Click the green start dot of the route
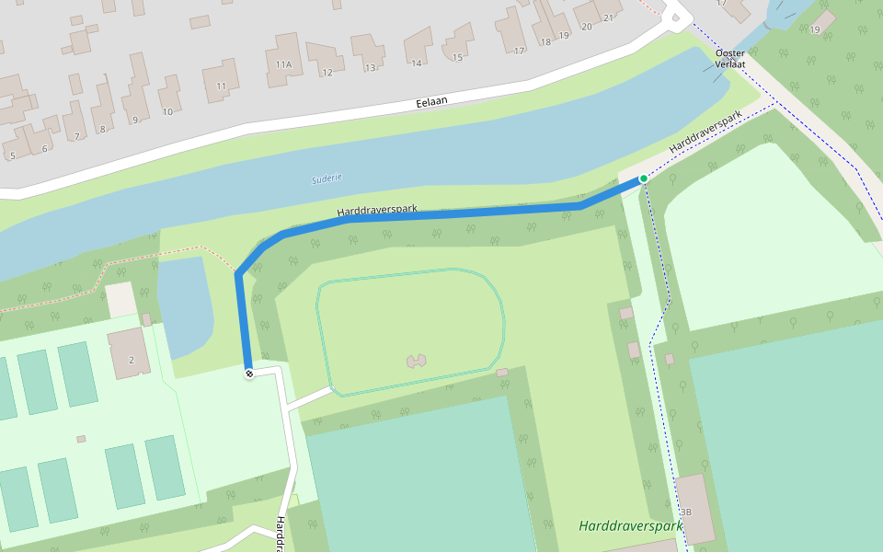click(643, 178)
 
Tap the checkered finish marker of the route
click(248, 373)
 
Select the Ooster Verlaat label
click(729, 59)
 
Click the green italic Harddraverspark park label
click(631, 526)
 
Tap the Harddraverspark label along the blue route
click(377, 211)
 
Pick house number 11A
click(283, 64)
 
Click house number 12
click(327, 72)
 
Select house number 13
click(370, 67)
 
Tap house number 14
click(417, 63)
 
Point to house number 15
click(457, 58)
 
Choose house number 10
click(167, 112)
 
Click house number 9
click(135, 120)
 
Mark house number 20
click(586, 27)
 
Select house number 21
click(608, 17)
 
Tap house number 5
click(12, 155)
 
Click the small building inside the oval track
click(416, 360)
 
